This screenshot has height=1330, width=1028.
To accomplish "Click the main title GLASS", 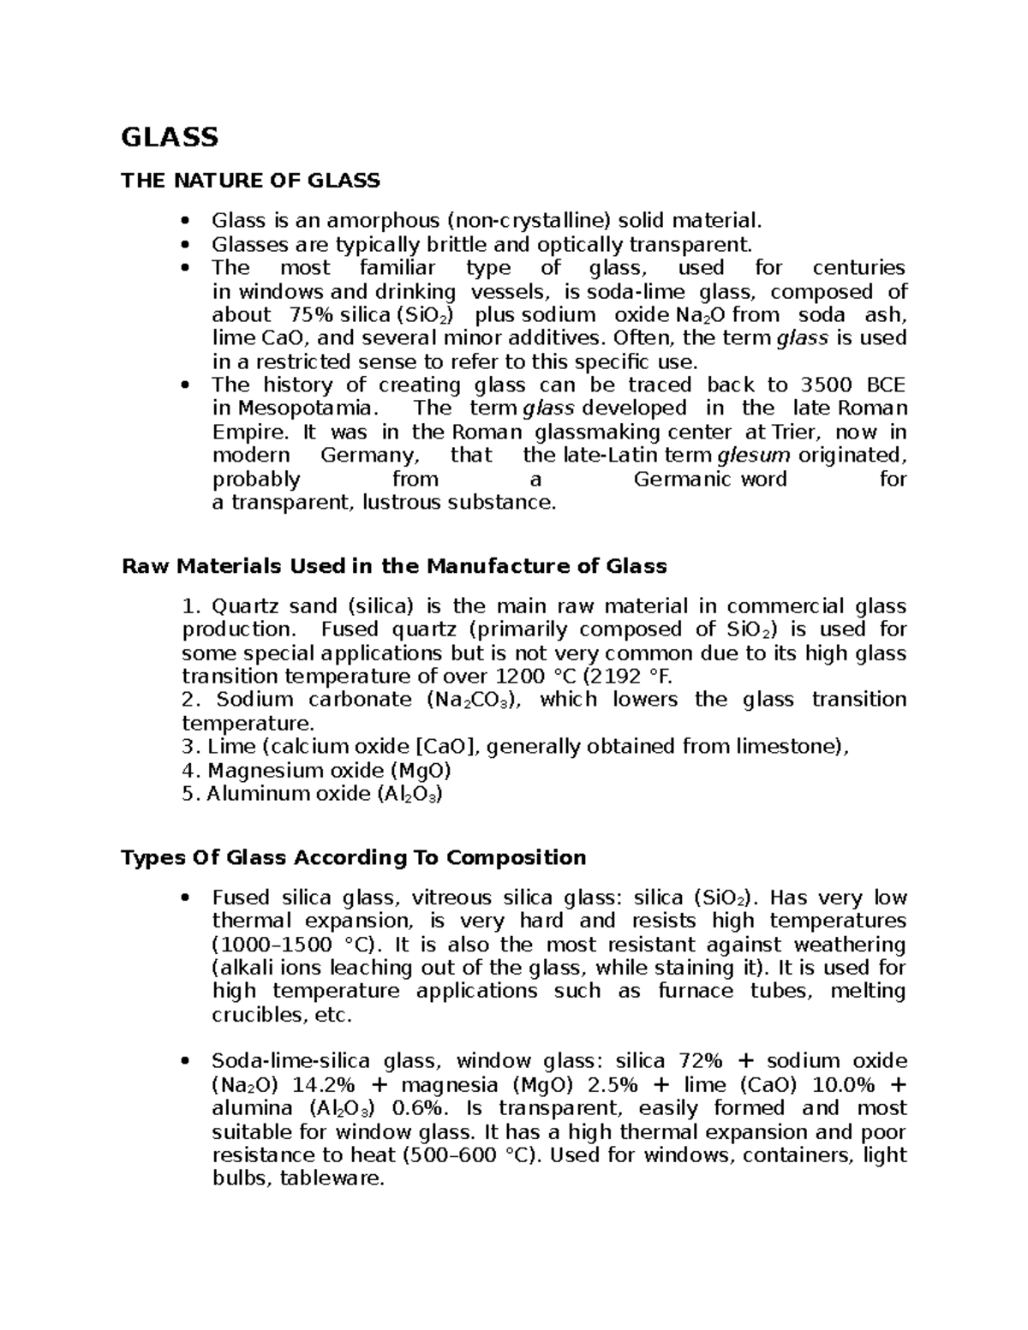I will (170, 137).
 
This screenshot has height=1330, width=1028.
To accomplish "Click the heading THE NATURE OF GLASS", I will (250, 180).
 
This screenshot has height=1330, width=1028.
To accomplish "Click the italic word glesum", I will (752, 455).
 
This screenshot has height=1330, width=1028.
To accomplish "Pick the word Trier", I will (798, 432).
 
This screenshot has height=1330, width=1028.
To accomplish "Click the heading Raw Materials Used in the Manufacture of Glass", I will (394, 566).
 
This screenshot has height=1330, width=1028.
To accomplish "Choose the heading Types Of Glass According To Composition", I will (353, 857).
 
